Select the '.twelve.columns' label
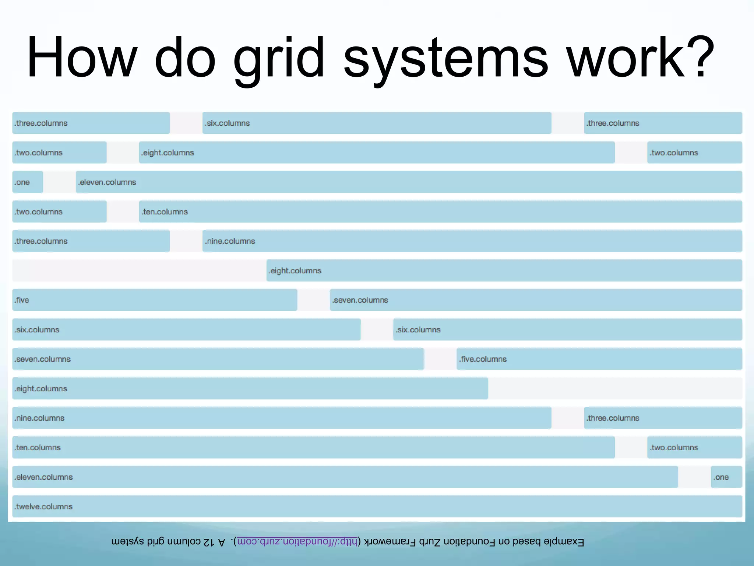(44, 507)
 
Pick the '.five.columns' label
(483, 359)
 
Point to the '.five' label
(22, 300)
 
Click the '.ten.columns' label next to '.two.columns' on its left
(165, 212)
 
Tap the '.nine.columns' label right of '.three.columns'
(230, 241)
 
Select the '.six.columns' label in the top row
(228, 123)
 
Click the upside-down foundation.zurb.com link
(297, 542)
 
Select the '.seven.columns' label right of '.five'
(360, 300)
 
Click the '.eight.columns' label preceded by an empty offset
(295, 270)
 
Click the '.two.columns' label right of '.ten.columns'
(674, 448)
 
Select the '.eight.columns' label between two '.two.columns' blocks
(168, 153)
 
